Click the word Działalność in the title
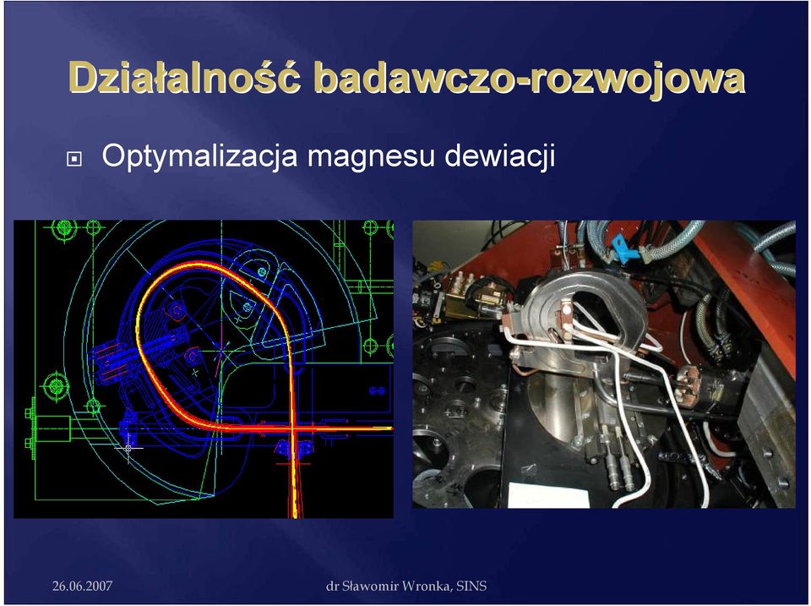pos(184,79)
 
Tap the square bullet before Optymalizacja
pos(74,159)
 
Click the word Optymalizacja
pos(199,156)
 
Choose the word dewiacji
pos(499,156)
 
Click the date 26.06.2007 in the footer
pos(82,586)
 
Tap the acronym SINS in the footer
pos(471,586)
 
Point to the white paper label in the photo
pos(549,494)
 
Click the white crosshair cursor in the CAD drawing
pos(128,448)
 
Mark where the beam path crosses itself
pos(293,429)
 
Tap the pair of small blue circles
pos(377,390)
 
